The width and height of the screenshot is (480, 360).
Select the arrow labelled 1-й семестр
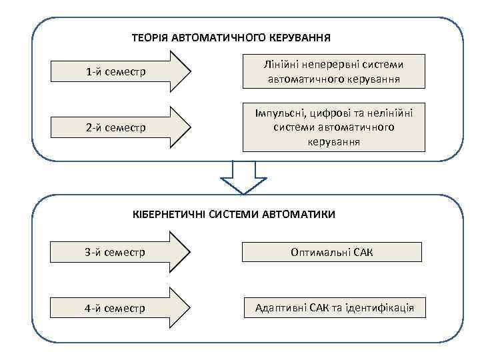pyautogui.click(x=123, y=71)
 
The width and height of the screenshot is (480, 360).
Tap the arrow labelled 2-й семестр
pyautogui.click(x=123, y=127)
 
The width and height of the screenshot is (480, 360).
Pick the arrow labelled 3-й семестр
pyautogui.click(x=123, y=252)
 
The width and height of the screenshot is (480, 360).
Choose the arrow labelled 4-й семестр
pyautogui.click(x=123, y=308)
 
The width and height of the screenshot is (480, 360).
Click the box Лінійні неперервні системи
pyautogui.click(x=333, y=71)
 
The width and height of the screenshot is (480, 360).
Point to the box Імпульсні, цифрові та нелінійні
pyautogui.click(x=333, y=126)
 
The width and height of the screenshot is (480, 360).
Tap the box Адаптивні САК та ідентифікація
pyautogui.click(x=333, y=308)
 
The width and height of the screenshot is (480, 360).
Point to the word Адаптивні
pyautogui.click(x=279, y=308)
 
